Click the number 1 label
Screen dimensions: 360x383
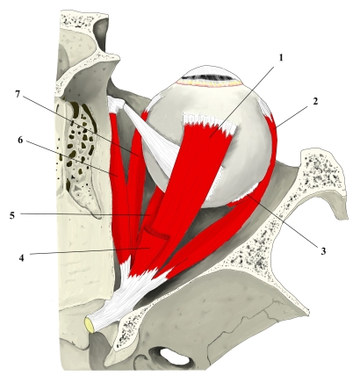tap(281, 58)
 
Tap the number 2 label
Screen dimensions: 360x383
tap(315, 102)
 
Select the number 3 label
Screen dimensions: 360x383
tap(323, 251)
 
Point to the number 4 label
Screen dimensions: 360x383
tap(21, 258)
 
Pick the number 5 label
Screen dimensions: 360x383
tap(12, 216)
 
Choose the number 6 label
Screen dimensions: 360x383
tap(20, 141)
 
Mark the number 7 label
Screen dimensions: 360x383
tap(18, 94)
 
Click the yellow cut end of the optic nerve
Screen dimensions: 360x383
tap(90, 325)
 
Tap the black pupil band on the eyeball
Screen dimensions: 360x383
tap(209, 77)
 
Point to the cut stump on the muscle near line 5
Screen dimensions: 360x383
tap(156, 232)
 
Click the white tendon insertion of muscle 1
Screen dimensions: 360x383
tap(209, 122)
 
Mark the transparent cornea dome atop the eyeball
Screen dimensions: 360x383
tap(209, 72)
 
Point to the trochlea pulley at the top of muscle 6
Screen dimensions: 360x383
tap(117, 105)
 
